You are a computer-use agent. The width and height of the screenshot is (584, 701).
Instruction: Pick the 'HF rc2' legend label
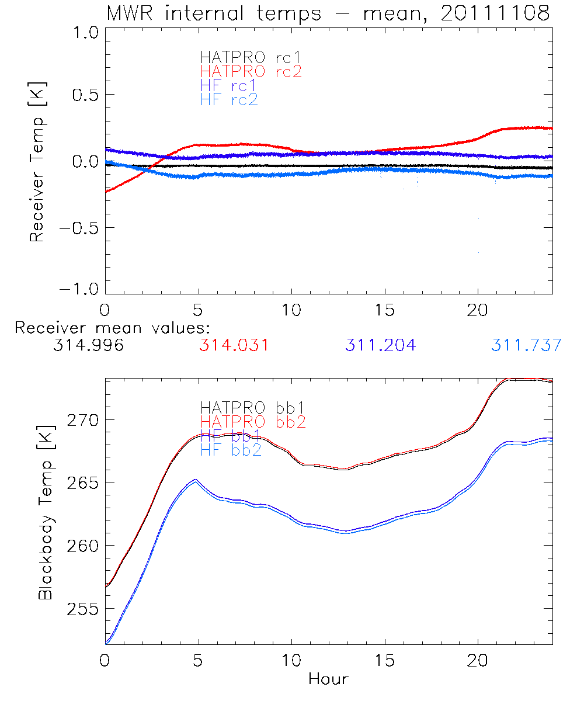[229, 99]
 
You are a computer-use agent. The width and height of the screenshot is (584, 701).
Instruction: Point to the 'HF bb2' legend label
[231, 451]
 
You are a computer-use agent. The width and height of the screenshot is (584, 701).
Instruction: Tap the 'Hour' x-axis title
[328, 679]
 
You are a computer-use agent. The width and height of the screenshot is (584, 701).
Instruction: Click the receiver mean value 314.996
[88, 345]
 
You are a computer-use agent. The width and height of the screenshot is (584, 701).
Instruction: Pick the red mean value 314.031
[234, 345]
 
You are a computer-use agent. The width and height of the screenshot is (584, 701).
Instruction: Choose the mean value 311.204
[380, 345]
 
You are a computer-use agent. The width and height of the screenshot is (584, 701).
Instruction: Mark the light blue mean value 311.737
[526, 345]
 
